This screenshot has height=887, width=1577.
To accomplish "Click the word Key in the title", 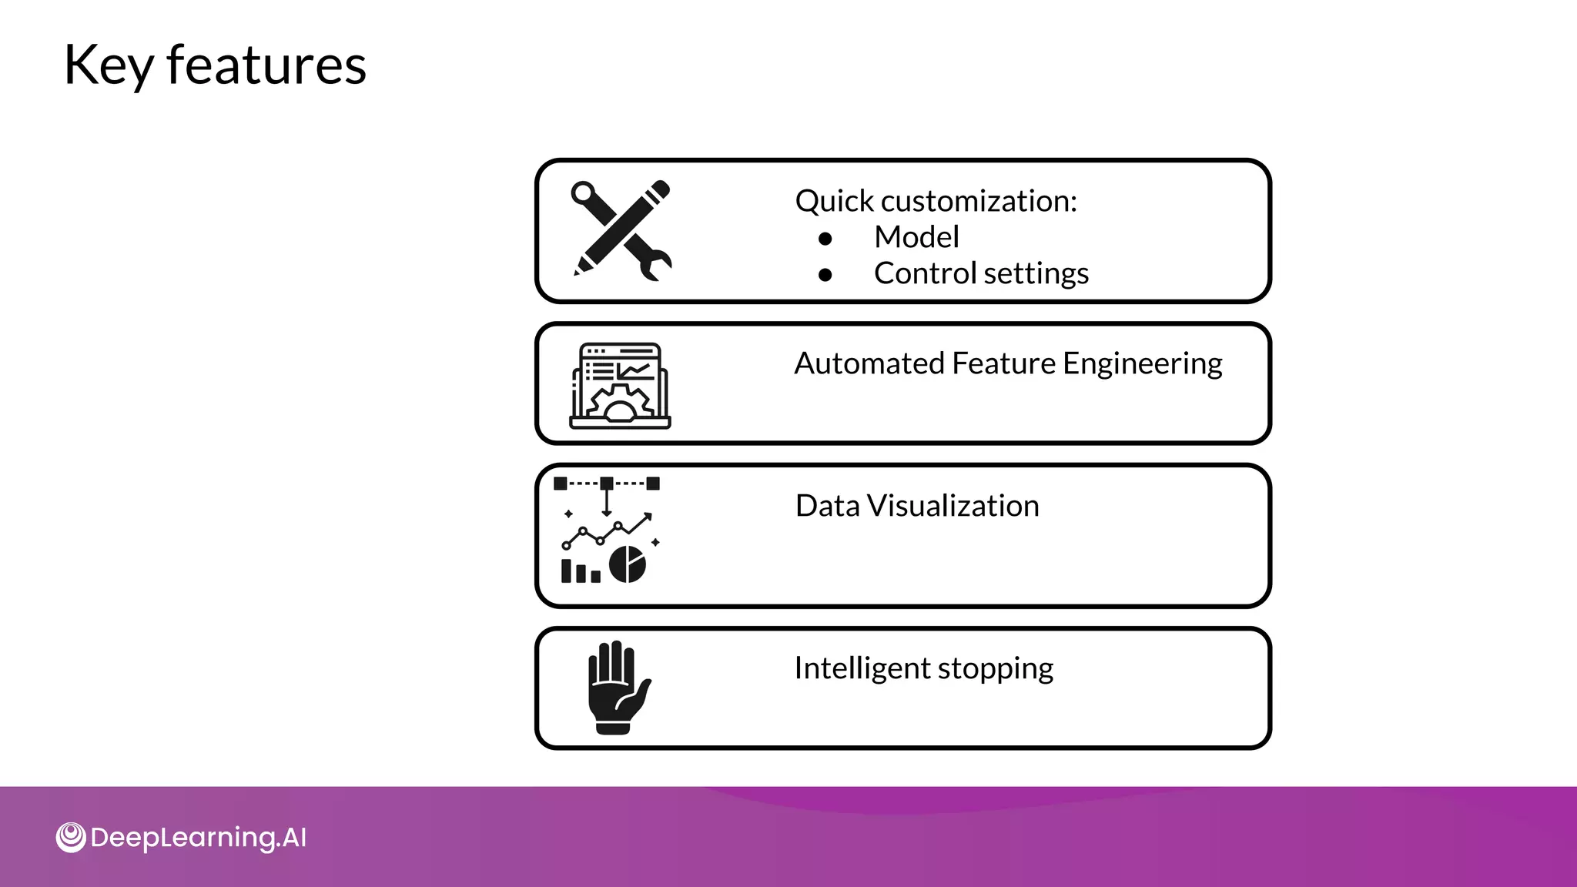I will point(109,66).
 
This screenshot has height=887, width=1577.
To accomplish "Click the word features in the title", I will point(266,65).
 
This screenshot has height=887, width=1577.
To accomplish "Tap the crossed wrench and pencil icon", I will point(621,230).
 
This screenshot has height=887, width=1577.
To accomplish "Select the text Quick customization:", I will point(936,202).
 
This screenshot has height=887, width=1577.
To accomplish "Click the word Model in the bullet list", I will point(916,237).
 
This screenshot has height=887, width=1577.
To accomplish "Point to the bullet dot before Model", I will point(825,239).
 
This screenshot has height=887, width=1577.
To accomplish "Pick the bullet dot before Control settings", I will point(825,275).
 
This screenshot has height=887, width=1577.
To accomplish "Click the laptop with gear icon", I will point(620,386).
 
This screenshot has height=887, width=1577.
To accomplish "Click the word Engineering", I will point(1142,364).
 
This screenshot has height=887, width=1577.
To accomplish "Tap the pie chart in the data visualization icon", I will point(628,564).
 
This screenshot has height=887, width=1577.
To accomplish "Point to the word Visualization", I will point(953,506).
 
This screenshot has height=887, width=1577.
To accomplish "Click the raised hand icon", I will point(618,687).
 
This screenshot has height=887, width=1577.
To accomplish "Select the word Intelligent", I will point(862,668).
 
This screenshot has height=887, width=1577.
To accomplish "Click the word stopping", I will point(995,669).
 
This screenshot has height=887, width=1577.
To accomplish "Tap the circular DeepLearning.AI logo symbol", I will point(71,838).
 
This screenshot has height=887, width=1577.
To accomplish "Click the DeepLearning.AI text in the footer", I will point(198,838).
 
